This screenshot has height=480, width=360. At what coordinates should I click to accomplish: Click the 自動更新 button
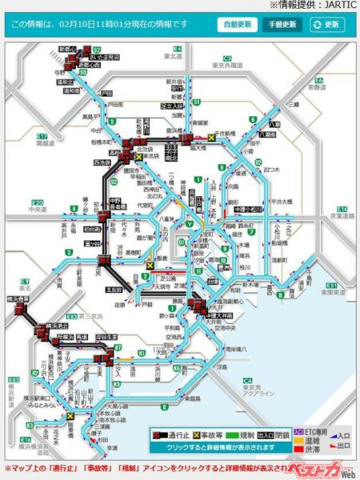coord(236,24)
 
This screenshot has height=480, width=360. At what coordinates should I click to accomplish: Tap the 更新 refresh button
coord(326,24)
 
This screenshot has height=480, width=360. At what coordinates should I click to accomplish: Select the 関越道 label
coord(46,145)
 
